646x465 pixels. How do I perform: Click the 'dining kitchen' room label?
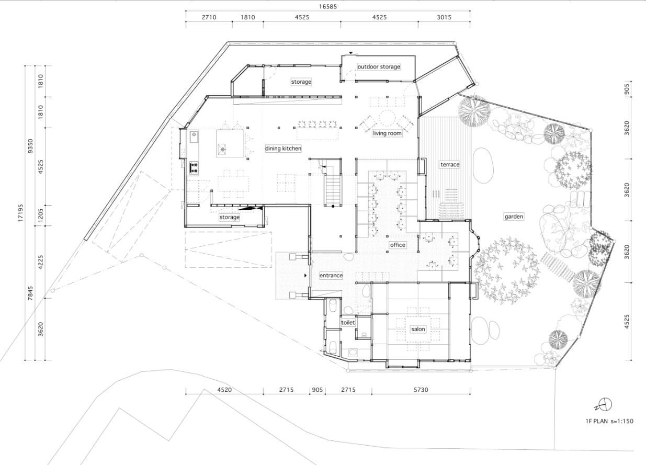tap(283, 149)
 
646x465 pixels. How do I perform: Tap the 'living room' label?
tap(387, 133)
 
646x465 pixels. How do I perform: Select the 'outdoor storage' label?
tap(379, 66)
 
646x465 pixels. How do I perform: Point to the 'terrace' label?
tap(450, 165)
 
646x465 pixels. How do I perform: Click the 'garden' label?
tap(514, 217)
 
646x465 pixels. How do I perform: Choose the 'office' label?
tap(398, 245)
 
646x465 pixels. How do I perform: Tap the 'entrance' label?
tap(331, 276)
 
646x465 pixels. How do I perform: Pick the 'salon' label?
tap(418, 329)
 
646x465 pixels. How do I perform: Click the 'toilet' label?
tap(348, 323)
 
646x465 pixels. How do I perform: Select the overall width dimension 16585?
tap(327, 7)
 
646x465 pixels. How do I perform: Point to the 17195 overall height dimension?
tap(20, 213)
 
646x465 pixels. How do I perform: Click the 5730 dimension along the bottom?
tap(421, 390)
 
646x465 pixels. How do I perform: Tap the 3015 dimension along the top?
tap(444, 17)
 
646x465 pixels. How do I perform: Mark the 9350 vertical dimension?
tap(30, 146)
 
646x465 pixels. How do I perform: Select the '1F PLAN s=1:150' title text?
tap(609, 421)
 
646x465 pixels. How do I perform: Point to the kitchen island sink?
tap(222, 149)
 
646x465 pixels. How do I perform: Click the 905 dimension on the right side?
tap(627, 89)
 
